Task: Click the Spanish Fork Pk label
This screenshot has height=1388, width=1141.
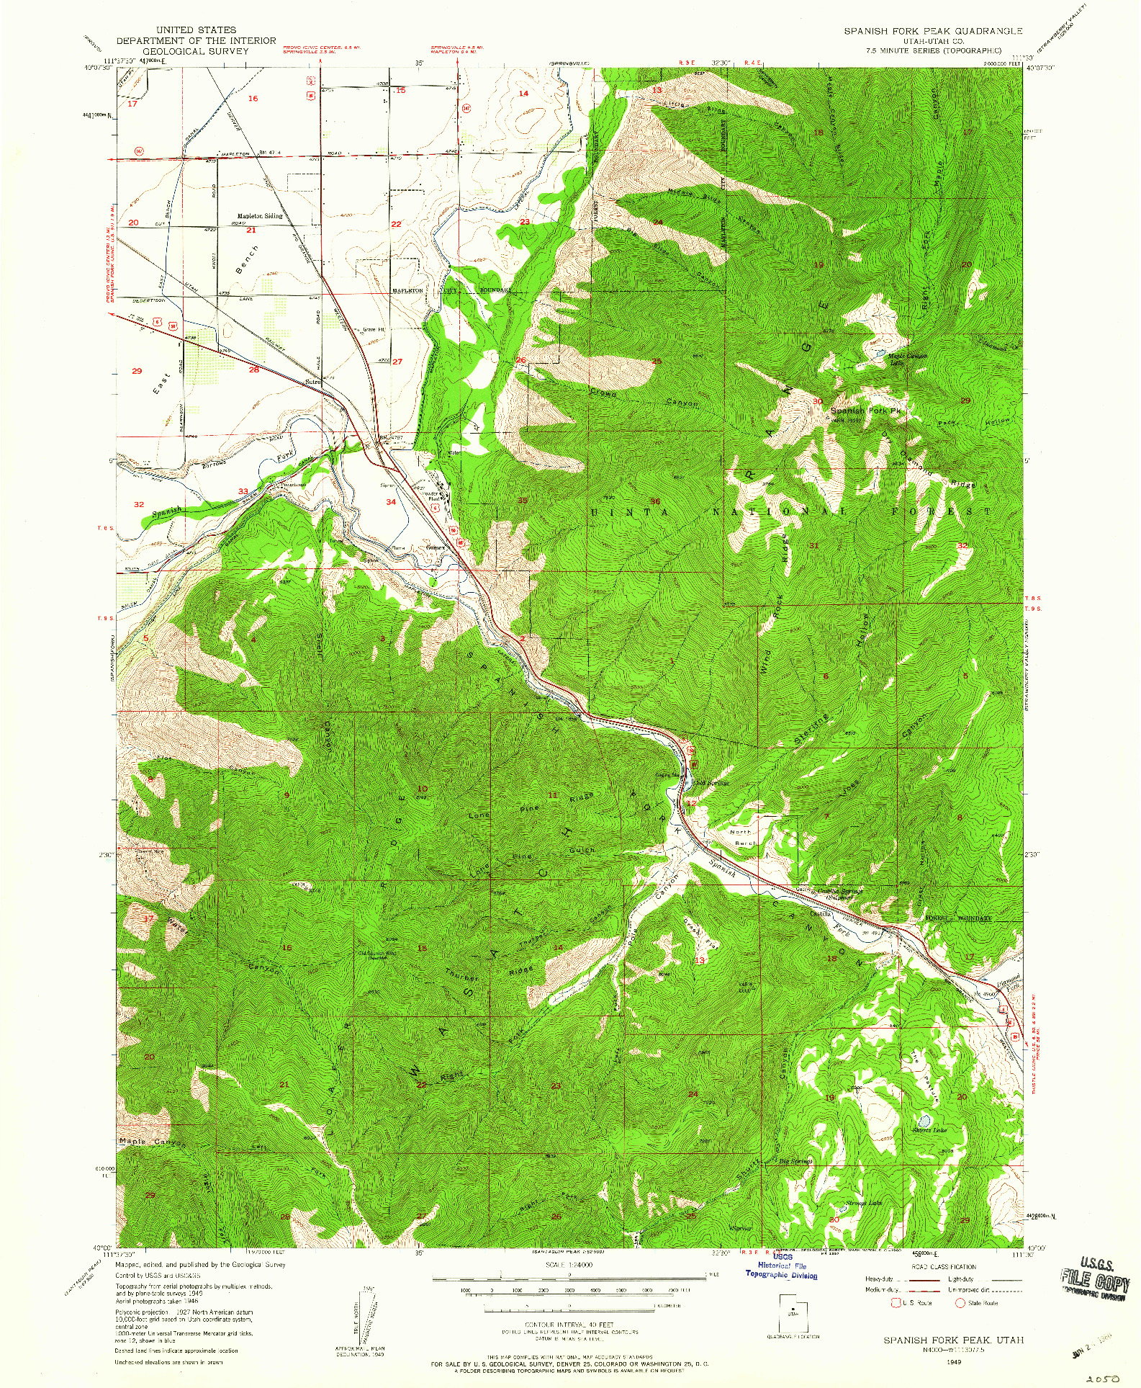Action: pos(865,411)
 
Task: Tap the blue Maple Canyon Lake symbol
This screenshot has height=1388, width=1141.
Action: pos(880,353)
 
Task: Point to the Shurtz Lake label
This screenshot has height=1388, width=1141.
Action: pos(930,1130)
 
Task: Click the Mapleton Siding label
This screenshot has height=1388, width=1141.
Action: pos(260,216)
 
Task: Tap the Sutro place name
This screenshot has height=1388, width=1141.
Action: pos(312,382)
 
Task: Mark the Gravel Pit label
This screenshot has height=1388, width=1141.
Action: pos(374,330)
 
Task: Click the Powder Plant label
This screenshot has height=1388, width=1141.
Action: pos(432,496)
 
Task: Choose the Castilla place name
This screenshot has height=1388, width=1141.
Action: pos(821,913)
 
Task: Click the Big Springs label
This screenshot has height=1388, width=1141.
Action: pos(796,1161)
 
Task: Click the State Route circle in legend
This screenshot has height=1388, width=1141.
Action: pos(959,1302)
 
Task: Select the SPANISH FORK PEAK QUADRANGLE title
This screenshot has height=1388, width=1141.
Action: pos(933,31)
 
